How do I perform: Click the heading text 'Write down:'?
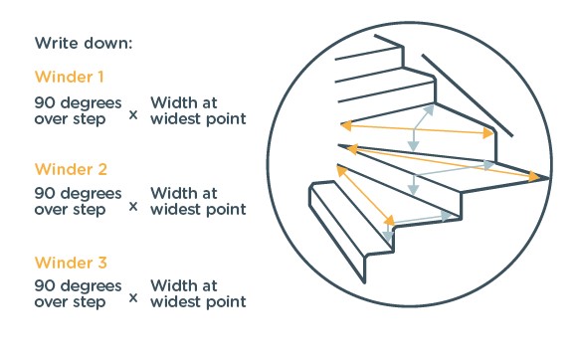pyautogui.click(x=84, y=43)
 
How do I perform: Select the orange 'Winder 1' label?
pyautogui.click(x=70, y=77)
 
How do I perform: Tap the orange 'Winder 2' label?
pyautogui.click(x=71, y=169)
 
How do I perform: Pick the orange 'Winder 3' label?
pyautogui.click(x=71, y=263)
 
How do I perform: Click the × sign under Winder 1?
pyautogui.click(x=133, y=115)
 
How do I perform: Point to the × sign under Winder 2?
pyautogui.click(x=133, y=207)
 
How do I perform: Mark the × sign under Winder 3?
pyautogui.click(x=133, y=298)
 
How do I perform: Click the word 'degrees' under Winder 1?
pyautogui.click(x=91, y=103)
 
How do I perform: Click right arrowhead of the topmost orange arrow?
pyautogui.click(x=488, y=133)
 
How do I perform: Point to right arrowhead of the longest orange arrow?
pyautogui.click(x=534, y=177)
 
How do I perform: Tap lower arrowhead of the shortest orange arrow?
pyautogui.click(x=390, y=221)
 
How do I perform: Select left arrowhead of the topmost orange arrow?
pyautogui.click(x=346, y=126)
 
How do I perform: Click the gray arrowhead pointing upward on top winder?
pyautogui.click(x=430, y=109)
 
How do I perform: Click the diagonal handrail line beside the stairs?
pyautogui.click(x=468, y=95)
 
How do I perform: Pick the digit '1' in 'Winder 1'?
pyautogui.click(x=100, y=77)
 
